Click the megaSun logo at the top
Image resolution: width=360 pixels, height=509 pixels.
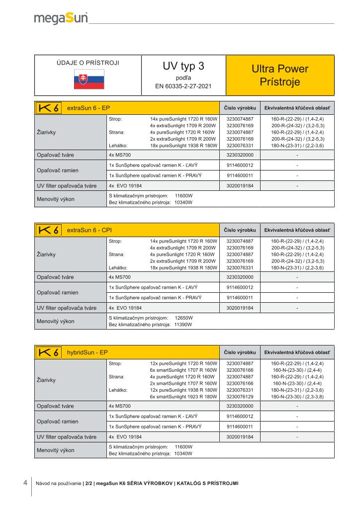pos(61,18)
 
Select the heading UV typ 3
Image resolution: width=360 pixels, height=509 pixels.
pos(183,66)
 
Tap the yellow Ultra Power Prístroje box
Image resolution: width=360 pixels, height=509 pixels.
pos(280,75)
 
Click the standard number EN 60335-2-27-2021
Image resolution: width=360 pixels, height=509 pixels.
pos(183,86)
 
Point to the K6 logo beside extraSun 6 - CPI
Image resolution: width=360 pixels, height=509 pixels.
pos(49,230)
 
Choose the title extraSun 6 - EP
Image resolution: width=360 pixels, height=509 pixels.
pos(88,108)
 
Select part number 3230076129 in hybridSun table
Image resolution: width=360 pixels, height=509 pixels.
pos(240,397)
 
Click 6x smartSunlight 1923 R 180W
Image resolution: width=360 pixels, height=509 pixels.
pos(183,397)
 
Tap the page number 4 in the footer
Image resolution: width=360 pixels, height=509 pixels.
pos(25,483)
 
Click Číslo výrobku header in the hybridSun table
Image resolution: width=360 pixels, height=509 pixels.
pos(240,352)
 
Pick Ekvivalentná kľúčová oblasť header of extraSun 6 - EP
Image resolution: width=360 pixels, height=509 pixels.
pos(297,108)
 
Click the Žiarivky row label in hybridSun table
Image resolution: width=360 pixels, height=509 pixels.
pos(46,380)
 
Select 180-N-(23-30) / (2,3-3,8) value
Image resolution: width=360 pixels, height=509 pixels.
pos(297,397)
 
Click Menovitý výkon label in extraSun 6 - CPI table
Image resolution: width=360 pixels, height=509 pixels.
pos(56,321)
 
